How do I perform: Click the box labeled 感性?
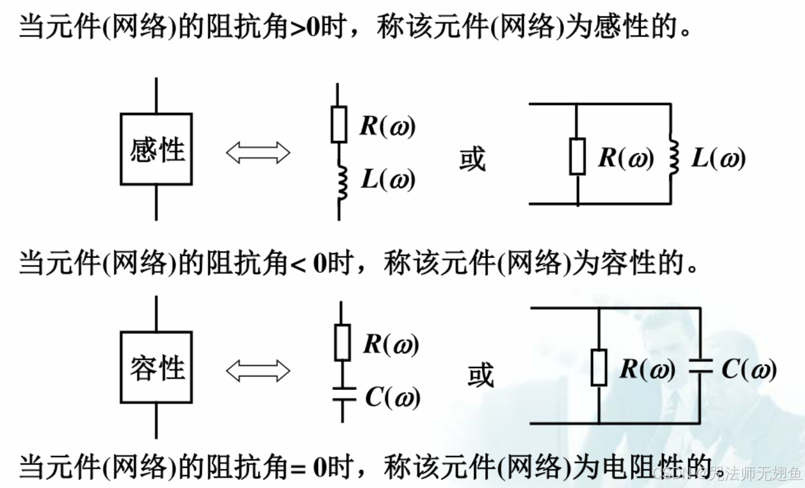click(156, 149)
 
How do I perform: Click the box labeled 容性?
click(156, 367)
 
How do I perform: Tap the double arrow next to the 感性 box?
click(258, 152)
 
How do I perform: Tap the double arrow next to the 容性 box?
click(258, 370)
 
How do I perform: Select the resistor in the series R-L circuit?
click(338, 124)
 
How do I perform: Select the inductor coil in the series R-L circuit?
click(341, 181)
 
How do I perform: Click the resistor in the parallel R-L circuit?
click(578, 156)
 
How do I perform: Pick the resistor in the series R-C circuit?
click(342, 343)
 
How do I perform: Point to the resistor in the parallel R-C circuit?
click(599, 367)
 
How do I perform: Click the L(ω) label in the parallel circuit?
click(718, 158)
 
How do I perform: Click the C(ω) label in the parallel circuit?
click(749, 369)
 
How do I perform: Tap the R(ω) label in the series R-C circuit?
click(391, 344)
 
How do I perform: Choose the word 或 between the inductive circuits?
click(472, 159)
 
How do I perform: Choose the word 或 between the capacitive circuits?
click(480, 375)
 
